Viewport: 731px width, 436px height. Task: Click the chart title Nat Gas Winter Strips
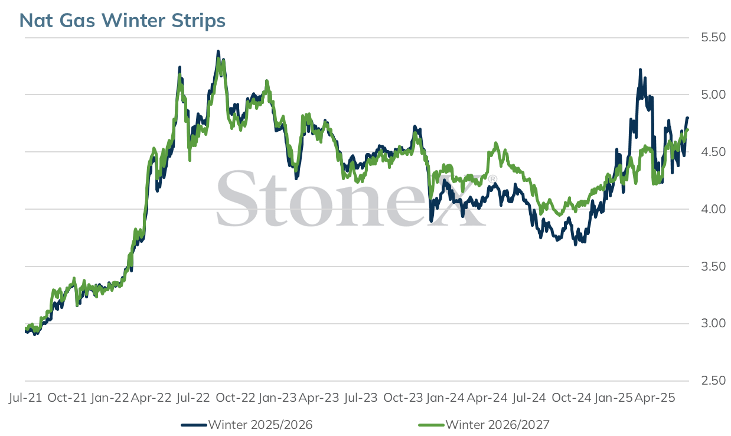coord(122,20)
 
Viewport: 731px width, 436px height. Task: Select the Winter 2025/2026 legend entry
coord(247,425)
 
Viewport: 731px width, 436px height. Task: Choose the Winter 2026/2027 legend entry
coord(484,425)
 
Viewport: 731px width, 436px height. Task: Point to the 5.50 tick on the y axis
coord(713,37)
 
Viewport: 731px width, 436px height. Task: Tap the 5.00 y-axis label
coord(713,95)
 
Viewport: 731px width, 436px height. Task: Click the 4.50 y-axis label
coord(713,152)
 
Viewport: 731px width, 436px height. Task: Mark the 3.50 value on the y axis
coord(713,266)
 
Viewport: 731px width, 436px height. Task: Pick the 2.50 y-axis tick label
coord(713,380)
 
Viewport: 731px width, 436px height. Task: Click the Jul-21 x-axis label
coord(25,398)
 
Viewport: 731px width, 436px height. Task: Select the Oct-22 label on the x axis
coord(235,398)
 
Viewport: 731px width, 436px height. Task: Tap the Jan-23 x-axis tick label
coord(278,398)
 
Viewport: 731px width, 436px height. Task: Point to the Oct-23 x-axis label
coord(403,398)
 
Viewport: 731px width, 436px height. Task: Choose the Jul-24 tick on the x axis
coord(529,398)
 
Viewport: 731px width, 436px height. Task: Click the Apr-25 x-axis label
coord(655,398)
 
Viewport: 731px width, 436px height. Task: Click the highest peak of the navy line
coord(218,51)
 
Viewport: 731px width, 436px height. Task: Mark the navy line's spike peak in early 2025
coord(640,70)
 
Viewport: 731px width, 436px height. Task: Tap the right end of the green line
coord(687,130)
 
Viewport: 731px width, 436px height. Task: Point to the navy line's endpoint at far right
coord(687,118)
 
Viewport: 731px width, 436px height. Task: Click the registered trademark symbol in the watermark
coord(492,179)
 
